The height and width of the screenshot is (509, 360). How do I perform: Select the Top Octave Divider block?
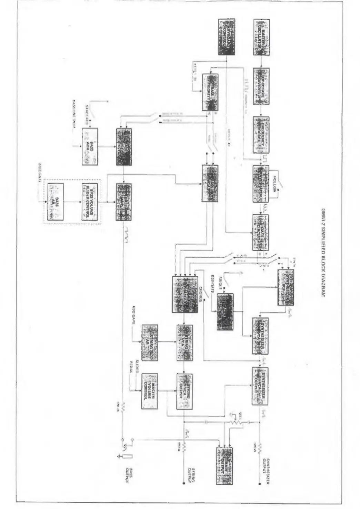pyautogui.click(x=261, y=86)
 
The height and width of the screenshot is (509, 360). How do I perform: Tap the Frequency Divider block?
pyautogui.click(x=261, y=135)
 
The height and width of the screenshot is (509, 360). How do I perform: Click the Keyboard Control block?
pyautogui.click(x=227, y=37)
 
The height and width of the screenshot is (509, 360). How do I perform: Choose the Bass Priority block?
pyautogui.click(x=210, y=92)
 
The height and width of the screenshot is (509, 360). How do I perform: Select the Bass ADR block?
pyautogui.click(x=90, y=146)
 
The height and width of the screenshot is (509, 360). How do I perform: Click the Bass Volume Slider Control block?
pyautogui.click(x=90, y=202)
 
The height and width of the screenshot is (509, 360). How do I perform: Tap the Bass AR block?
pyautogui.click(x=55, y=202)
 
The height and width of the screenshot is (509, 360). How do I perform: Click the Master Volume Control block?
pyautogui.click(x=150, y=391)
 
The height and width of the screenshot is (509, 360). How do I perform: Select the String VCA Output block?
pyautogui.click(x=184, y=391)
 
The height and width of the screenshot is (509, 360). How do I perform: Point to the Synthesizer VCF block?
pyautogui.click(x=286, y=287)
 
